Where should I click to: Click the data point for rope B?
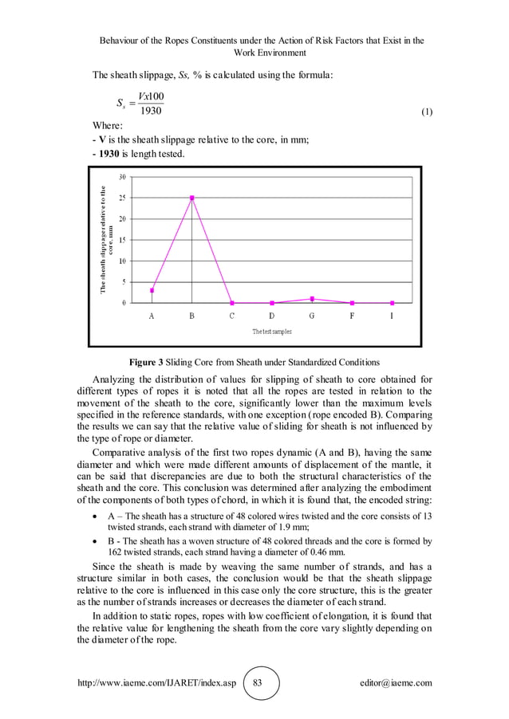pyautogui.click(x=191, y=198)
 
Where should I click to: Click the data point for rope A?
pyautogui.click(x=152, y=290)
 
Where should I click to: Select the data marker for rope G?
pyautogui.click(x=312, y=299)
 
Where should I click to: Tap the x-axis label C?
pyautogui.click(x=231, y=316)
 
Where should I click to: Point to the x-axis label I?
pyautogui.click(x=392, y=316)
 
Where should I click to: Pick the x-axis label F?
pyautogui.click(x=352, y=316)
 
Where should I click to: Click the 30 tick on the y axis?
pyautogui.click(x=121, y=176)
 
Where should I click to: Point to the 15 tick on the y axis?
pyautogui.click(x=121, y=239)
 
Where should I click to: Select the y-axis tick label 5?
pyautogui.click(x=123, y=281)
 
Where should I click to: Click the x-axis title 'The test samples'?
pyautogui.click(x=272, y=331)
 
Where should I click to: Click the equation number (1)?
pyautogui.click(x=426, y=112)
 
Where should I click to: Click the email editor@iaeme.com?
pyautogui.click(x=396, y=684)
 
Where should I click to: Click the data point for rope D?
pyautogui.click(x=272, y=303)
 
